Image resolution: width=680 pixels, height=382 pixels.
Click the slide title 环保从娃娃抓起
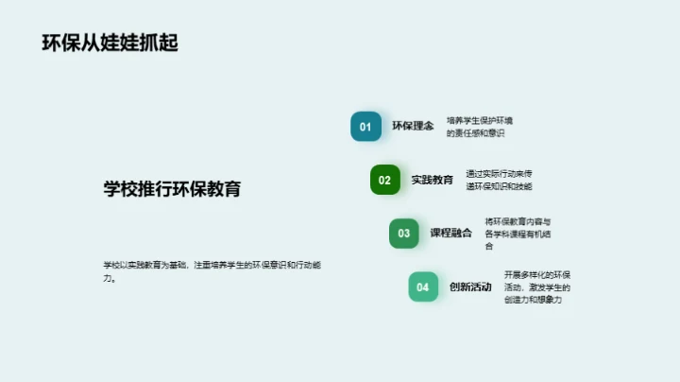coord(110,43)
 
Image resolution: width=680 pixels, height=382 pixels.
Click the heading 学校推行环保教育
coord(172,188)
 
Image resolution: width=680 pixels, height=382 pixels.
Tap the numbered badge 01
coord(365,127)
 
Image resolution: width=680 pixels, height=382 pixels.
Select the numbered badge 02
coord(385,180)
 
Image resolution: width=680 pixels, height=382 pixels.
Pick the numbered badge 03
coord(404,234)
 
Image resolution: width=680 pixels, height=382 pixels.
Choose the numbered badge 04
coord(423,287)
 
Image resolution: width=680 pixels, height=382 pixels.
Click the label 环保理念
coord(413,127)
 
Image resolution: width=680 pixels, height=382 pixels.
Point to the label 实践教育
coord(433,180)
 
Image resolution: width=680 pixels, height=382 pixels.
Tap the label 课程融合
coord(451,234)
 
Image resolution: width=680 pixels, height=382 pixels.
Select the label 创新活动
coord(470,287)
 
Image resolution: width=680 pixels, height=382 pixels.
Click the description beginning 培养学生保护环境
coord(479,127)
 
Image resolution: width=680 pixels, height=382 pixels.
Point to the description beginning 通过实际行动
coord(499,180)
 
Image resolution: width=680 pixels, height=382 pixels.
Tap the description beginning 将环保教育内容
coord(518,234)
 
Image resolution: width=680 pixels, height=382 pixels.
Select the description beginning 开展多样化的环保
coord(536,287)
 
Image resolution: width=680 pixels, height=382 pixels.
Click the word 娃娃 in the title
coord(121,43)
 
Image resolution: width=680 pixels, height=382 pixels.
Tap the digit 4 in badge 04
coord(426,287)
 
